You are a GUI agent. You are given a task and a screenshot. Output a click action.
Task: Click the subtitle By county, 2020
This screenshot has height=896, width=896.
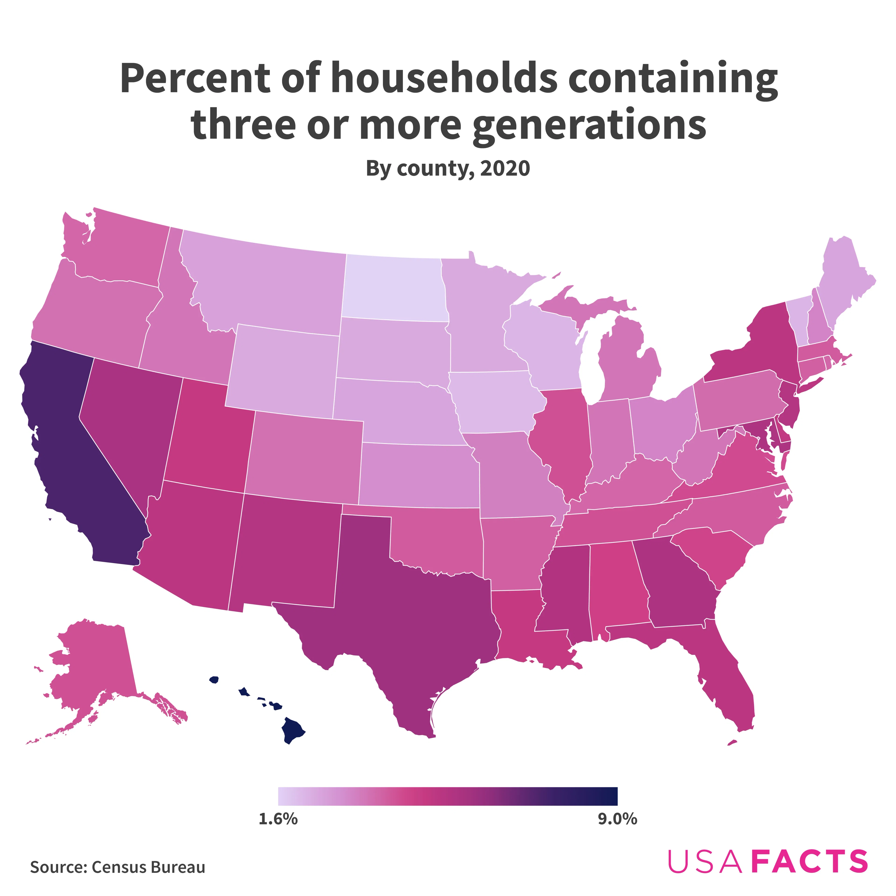pyautogui.click(x=448, y=168)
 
